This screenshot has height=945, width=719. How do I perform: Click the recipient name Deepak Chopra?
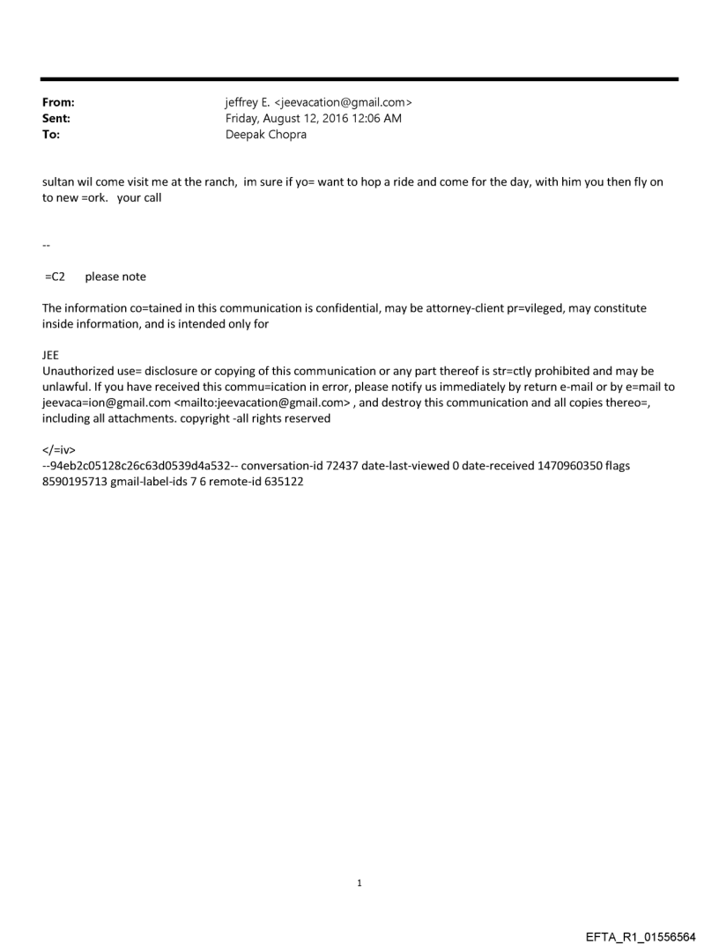[x=266, y=135]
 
